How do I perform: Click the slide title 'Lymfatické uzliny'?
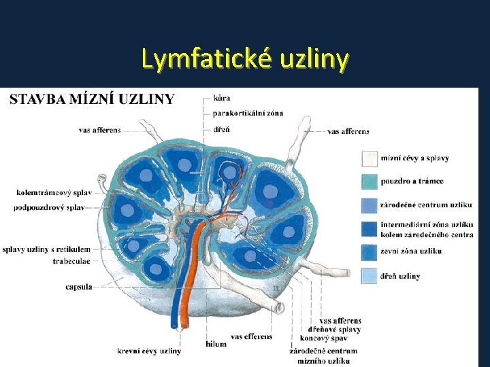click(x=245, y=60)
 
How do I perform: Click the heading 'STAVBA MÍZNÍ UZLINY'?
click(x=93, y=99)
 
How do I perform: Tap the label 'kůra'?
click(x=222, y=99)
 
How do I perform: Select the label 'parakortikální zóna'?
click(x=248, y=113)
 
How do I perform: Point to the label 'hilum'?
click(x=216, y=344)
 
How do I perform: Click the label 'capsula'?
click(x=79, y=287)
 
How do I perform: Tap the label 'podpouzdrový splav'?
click(x=49, y=207)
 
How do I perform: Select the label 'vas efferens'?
click(x=251, y=336)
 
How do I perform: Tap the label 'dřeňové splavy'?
click(x=333, y=329)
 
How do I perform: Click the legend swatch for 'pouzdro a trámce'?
click(x=370, y=181)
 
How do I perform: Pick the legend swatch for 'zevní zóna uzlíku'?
click(x=370, y=251)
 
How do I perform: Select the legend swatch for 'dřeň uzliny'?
click(x=370, y=275)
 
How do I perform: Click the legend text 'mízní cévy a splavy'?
click(x=415, y=158)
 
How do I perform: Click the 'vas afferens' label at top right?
click(x=348, y=131)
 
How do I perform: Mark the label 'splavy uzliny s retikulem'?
click(x=42, y=250)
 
